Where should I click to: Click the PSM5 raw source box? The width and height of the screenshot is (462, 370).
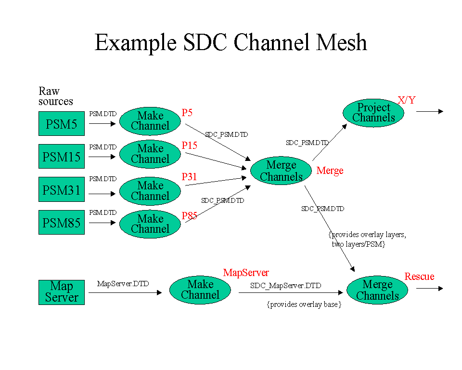(x=62, y=124)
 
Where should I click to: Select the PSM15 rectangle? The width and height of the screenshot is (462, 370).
(x=62, y=157)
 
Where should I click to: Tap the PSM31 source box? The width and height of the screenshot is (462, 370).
(x=62, y=189)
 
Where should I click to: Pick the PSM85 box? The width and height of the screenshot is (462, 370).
(x=62, y=222)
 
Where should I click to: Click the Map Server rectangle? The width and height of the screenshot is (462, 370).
(x=62, y=292)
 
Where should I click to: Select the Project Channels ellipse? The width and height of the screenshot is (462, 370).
(x=373, y=113)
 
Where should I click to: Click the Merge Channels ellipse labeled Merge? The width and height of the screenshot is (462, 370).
(x=281, y=171)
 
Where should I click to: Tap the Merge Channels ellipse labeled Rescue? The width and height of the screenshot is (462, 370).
(x=377, y=290)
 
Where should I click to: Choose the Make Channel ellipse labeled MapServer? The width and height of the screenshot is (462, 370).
(x=200, y=290)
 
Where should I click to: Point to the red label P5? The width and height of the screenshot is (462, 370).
(x=187, y=112)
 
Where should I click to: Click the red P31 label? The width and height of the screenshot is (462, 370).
(x=189, y=176)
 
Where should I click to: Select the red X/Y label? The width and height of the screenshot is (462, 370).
(x=407, y=100)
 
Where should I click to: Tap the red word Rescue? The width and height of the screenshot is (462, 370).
(x=419, y=277)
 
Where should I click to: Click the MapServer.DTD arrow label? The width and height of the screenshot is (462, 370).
(x=123, y=284)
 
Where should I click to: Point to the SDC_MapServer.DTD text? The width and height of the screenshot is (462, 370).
(x=285, y=286)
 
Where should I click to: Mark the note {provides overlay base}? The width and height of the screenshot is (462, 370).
(x=304, y=304)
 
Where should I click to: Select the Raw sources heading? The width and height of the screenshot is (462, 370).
(x=56, y=96)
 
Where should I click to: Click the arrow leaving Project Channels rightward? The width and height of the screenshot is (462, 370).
(x=430, y=112)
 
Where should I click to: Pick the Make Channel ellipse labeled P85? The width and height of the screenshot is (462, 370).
(x=150, y=224)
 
